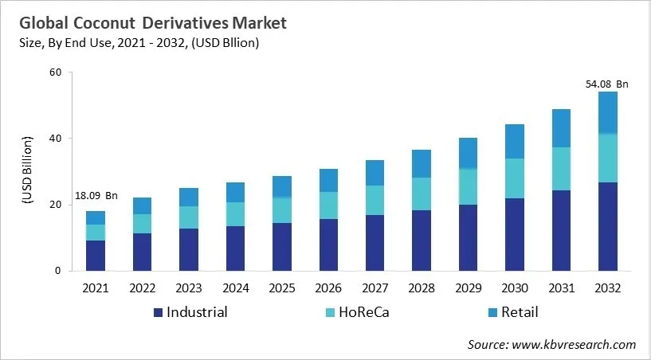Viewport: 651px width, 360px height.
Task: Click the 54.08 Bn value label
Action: click(x=608, y=84)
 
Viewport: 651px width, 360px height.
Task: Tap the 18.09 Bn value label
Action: click(x=96, y=195)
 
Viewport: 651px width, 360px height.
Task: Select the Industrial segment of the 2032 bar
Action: click(x=608, y=226)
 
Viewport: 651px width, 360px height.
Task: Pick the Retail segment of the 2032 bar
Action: click(x=608, y=112)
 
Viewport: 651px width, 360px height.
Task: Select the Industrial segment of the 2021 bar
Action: click(x=96, y=255)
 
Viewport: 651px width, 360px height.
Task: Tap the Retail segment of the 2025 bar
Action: click(x=282, y=186)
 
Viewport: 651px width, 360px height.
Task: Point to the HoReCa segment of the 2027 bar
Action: click(x=375, y=200)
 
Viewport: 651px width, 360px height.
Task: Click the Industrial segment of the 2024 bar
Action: click(x=236, y=248)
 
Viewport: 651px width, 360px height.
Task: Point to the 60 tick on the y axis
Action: click(x=55, y=72)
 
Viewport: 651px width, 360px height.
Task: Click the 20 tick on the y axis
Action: click(x=55, y=205)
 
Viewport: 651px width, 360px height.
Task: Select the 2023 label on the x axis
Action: click(x=189, y=288)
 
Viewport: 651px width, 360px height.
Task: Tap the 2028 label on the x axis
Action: click(x=422, y=288)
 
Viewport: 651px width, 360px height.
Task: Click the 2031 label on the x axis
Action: click(x=562, y=288)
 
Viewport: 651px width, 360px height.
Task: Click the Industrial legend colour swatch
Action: click(x=158, y=312)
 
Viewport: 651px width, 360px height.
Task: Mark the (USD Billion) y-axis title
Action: click(x=26, y=171)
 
